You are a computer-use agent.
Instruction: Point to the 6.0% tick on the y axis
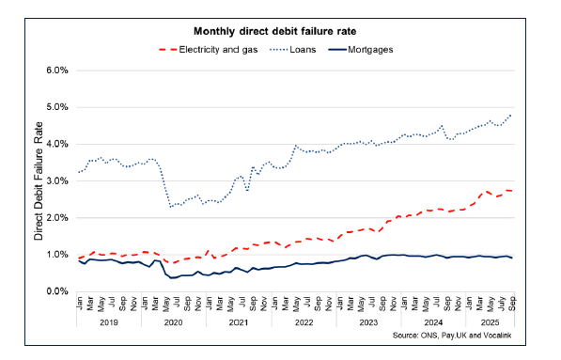pyautogui.click(x=58, y=70)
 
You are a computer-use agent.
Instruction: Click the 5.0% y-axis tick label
pyautogui.click(x=58, y=107)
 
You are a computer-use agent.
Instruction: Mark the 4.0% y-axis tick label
pyautogui.click(x=58, y=144)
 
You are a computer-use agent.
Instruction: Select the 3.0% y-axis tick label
pyautogui.click(x=58, y=180)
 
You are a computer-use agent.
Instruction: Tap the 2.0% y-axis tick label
pyautogui.click(x=58, y=217)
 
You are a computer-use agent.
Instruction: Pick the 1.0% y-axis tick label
pyautogui.click(x=58, y=254)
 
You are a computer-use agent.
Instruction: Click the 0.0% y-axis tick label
pyautogui.click(x=58, y=291)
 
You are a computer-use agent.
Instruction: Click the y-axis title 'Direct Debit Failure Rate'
pyautogui.click(x=39, y=180)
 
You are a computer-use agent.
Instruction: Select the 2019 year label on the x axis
pyautogui.click(x=108, y=322)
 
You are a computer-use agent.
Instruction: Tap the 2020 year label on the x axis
pyautogui.click(x=174, y=322)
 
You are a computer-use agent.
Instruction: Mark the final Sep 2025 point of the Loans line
pyautogui.click(x=511, y=115)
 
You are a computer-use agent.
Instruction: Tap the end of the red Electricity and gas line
pyautogui.click(x=511, y=191)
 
